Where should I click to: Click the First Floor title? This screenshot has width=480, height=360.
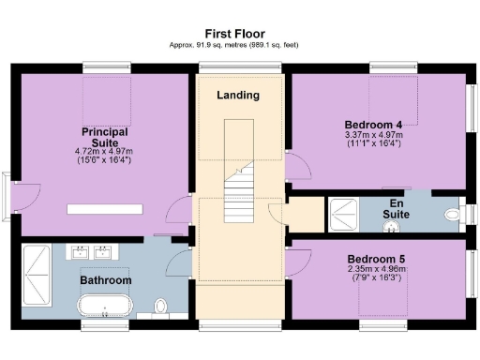238,32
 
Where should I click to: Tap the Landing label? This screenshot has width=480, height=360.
238,96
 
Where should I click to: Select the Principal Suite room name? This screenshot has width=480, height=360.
105,137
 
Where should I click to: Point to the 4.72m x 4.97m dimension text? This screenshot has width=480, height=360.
105,151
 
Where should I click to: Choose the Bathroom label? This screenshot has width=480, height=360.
105,279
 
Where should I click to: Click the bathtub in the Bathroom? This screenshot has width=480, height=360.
105,305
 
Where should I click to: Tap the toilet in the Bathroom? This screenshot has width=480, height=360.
160,307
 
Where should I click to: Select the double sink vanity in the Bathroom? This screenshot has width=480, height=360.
91,251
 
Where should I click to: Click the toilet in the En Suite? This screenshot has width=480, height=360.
454,216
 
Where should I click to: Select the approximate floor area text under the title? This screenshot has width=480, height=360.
238,45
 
